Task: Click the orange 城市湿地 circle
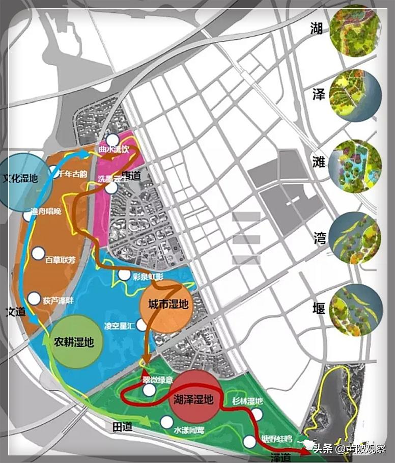167,305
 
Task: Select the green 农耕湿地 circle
76,341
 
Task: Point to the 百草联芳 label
60,260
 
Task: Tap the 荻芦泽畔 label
58,301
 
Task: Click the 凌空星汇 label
119,324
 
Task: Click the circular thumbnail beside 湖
355,29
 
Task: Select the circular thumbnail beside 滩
355,167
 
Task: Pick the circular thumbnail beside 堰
355,310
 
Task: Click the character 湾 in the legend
319,237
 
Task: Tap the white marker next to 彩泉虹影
124,275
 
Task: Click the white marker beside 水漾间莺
166,422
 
